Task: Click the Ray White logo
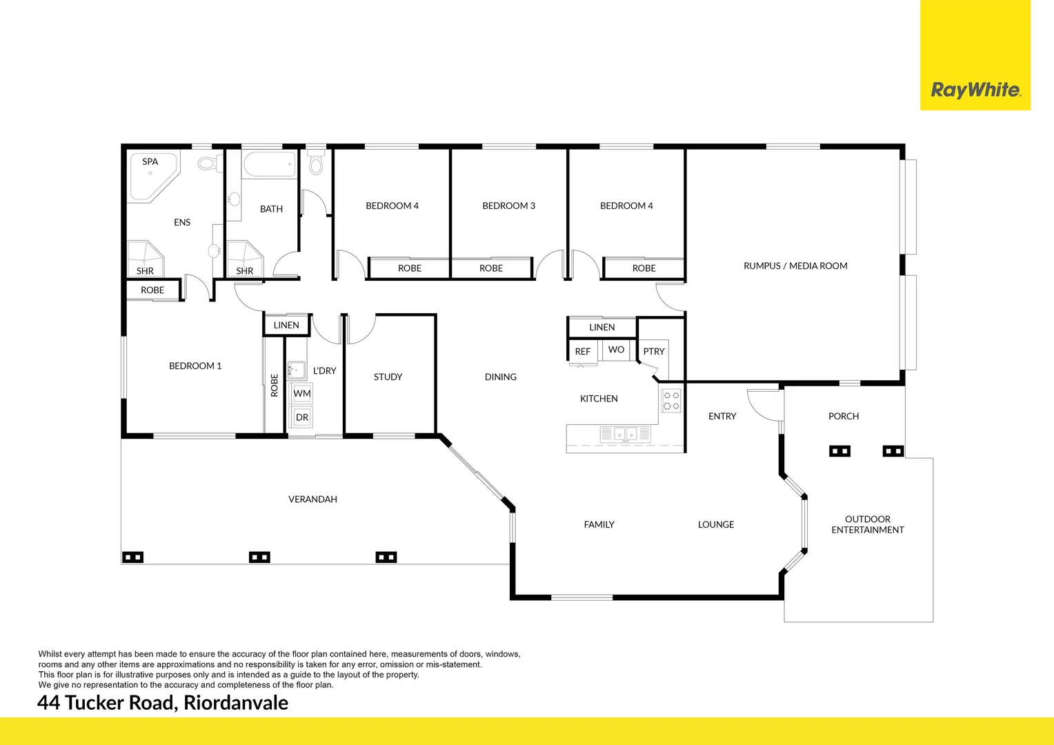click(x=975, y=90)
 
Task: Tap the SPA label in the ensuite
click(x=150, y=161)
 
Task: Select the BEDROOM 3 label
click(x=508, y=206)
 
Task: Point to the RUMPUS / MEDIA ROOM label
click(x=795, y=266)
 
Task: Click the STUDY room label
click(x=388, y=377)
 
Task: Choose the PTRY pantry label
click(x=653, y=351)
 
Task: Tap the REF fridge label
click(x=583, y=352)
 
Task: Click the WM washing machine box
click(x=302, y=394)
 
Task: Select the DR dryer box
click(x=302, y=417)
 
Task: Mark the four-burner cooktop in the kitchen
click(x=671, y=401)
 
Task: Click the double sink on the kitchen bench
click(x=625, y=434)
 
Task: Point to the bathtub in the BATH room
click(x=269, y=165)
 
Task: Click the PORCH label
click(x=843, y=416)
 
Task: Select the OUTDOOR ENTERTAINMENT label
click(x=867, y=524)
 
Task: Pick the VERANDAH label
click(x=312, y=499)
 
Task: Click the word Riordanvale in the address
click(x=236, y=703)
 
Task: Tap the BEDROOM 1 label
click(x=195, y=366)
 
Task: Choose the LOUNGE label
click(x=715, y=524)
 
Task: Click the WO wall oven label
click(x=616, y=350)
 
